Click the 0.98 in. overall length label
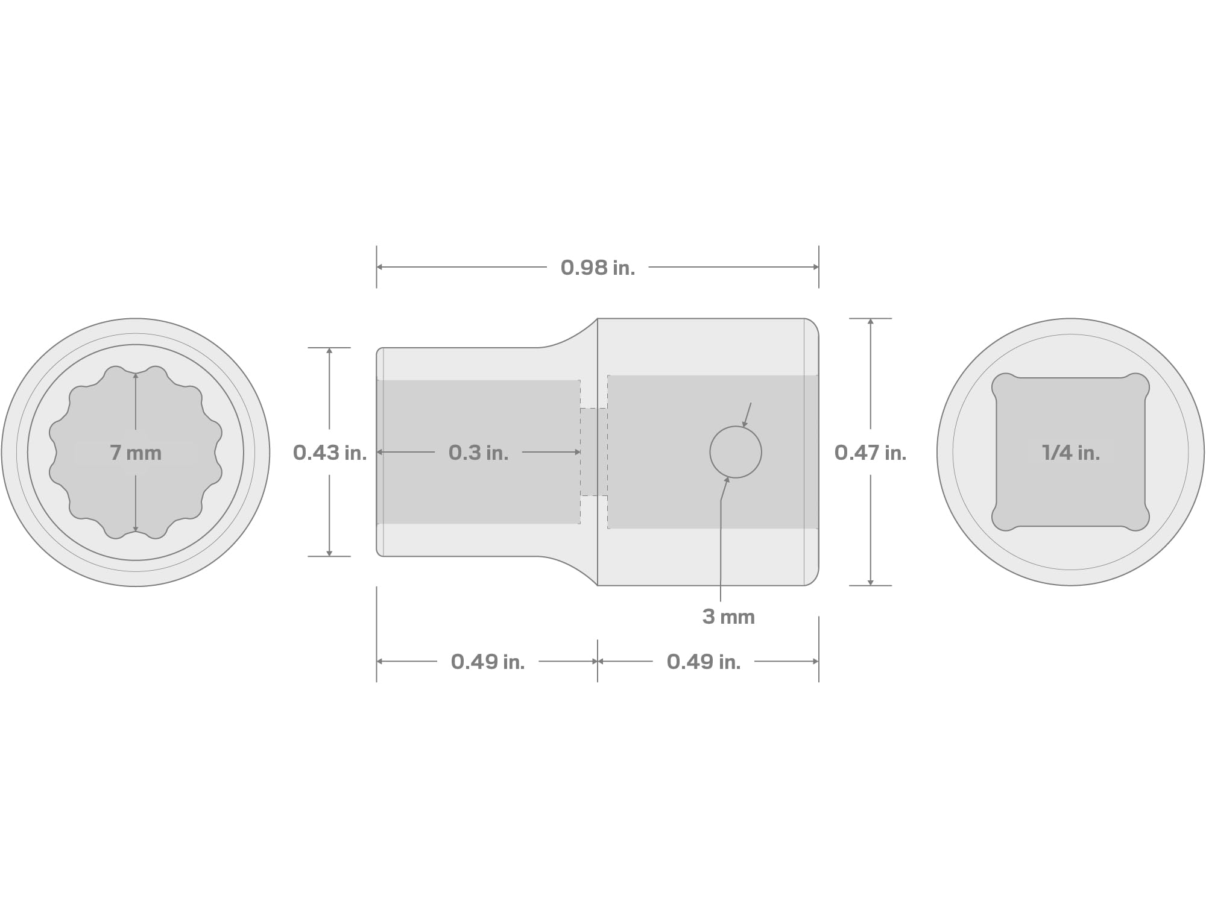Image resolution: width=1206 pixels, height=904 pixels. coord(598,268)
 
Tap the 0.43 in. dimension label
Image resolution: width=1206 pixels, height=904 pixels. coord(330,453)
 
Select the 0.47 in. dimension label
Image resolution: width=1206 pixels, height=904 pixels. coord(870,453)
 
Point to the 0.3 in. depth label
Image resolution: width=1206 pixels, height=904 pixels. coord(478,453)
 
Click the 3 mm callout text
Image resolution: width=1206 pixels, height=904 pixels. coord(728,617)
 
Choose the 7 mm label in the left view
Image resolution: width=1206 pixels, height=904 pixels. coord(136,453)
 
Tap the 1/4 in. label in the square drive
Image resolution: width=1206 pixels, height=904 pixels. coord(1071,453)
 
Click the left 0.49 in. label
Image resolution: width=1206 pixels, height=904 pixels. coord(488,662)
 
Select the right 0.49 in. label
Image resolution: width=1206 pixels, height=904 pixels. coord(703,662)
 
